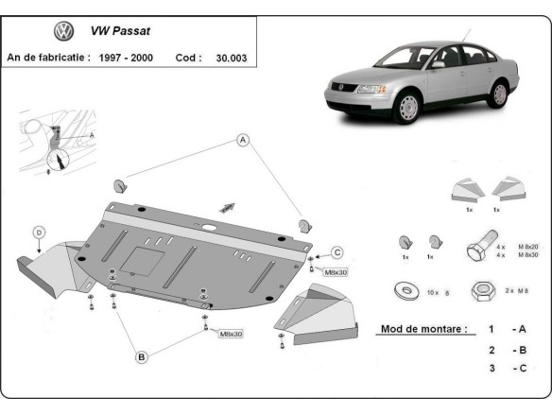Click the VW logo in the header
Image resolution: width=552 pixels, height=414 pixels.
click(64, 32)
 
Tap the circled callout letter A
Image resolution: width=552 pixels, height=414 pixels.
click(243, 141)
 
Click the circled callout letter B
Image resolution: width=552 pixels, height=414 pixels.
click(141, 356)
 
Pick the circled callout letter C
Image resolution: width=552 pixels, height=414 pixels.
click(336, 251)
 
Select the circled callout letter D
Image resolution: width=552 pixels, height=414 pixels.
click(39, 232)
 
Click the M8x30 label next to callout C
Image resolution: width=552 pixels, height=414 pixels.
click(336, 272)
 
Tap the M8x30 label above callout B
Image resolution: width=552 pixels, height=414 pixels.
click(231, 334)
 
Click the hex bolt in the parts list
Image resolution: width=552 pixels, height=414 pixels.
click(476, 250)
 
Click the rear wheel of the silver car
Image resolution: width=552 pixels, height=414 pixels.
click(498, 94)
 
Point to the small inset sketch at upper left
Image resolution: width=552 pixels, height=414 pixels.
click(55, 142)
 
